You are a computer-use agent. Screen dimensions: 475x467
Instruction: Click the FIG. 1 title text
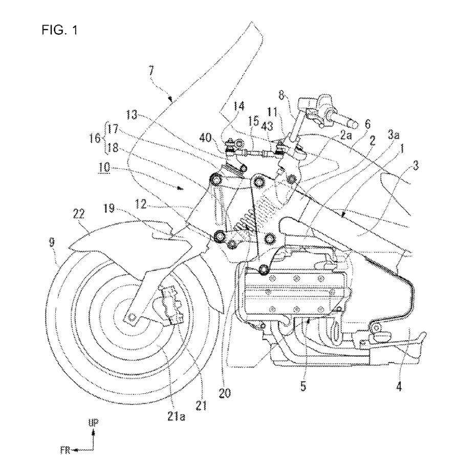tap(60, 30)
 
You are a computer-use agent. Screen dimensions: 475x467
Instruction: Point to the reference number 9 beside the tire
tap(52, 243)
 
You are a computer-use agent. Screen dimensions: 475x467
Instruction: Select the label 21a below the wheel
tap(176, 417)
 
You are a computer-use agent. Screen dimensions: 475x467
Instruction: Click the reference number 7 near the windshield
tap(151, 72)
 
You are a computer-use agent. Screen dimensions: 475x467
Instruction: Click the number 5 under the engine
tap(304, 387)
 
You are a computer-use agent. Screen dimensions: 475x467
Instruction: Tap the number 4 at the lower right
tap(399, 387)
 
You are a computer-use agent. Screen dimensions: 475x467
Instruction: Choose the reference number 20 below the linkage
tap(225, 393)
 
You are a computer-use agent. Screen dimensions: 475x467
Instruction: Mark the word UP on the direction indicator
tap(93, 423)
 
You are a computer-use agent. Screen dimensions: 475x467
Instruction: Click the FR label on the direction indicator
tap(65, 450)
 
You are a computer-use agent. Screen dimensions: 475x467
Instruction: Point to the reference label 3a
tap(394, 135)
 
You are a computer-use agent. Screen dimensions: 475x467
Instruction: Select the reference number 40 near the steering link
tap(205, 138)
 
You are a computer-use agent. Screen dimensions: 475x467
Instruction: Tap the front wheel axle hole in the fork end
tap(132, 317)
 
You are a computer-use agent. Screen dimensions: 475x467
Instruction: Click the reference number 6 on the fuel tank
tap(368, 124)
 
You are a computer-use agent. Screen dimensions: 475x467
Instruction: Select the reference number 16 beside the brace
tap(95, 138)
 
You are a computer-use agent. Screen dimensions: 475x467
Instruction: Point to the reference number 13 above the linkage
tap(132, 115)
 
